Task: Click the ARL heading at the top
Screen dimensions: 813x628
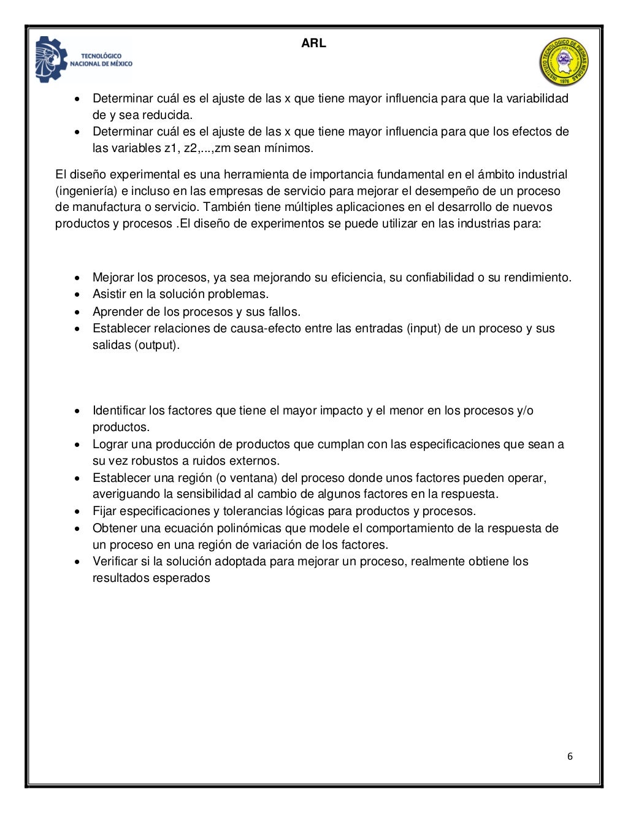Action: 313,44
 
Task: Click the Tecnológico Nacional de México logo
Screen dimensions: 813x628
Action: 84,59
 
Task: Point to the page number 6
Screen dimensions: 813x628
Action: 570,757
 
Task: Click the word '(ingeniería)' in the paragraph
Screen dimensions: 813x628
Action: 91,191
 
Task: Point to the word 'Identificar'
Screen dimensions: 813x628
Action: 119,411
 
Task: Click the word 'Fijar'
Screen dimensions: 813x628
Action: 104,511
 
